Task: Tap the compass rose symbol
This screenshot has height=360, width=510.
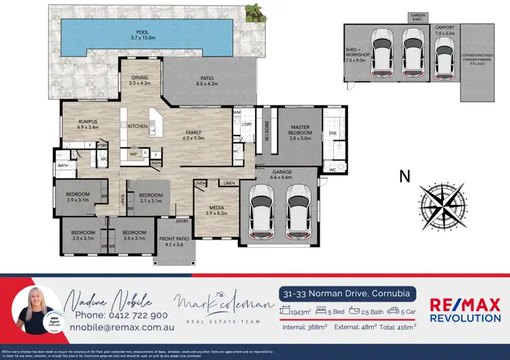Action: (444, 203)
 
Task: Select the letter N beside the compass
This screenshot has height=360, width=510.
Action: (405, 176)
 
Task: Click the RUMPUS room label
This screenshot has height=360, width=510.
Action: (88, 124)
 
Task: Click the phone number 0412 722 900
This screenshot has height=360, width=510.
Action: (121, 315)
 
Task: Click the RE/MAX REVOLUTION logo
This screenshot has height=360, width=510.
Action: (466, 310)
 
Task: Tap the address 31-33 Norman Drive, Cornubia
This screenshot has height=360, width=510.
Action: (346, 293)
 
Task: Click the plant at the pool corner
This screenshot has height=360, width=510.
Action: (254, 11)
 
